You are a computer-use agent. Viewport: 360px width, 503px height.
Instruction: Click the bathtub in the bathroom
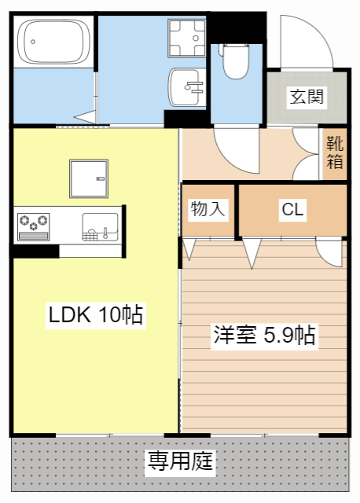pyautogui.click(x=53, y=43)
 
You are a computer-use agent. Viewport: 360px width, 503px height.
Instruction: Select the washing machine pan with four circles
pyautogui.click(x=186, y=38)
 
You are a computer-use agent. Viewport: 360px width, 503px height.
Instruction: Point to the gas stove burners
pyautogui.click(x=34, y=225)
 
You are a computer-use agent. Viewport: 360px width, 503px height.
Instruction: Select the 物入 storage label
pyautogui.click(x=208, y=209)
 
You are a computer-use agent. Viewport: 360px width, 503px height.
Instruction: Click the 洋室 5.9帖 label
pyautogui.click(x=264, y=336)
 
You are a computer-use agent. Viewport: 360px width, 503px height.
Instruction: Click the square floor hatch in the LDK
pyautogui.click(x=88, y=179)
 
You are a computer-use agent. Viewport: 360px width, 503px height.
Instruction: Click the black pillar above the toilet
pyautogui.click(x=235, y=28)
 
